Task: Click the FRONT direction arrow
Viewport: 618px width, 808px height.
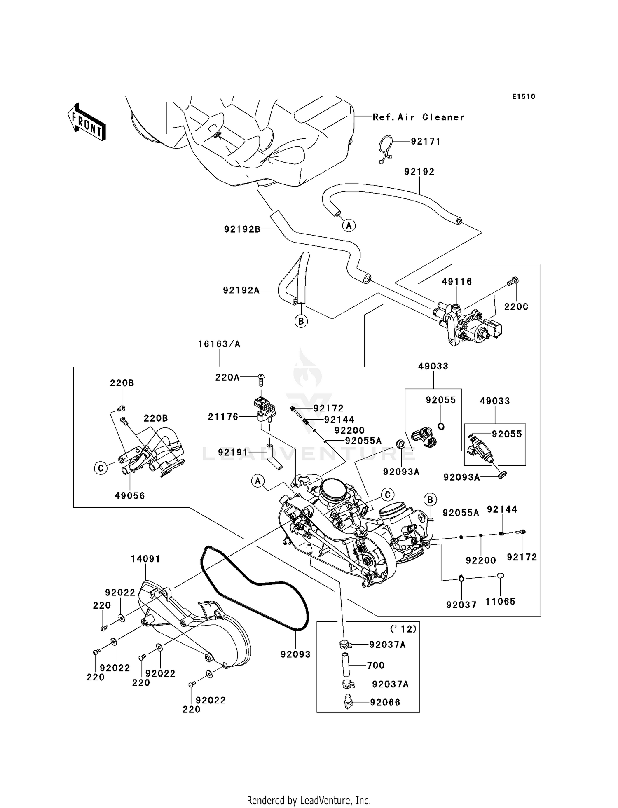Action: (x=87, y=122)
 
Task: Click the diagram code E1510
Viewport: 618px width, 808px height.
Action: (x=523, y=97)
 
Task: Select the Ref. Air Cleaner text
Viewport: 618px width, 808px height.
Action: (x=418, y=117)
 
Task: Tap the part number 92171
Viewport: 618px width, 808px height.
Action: (x=426, y=142)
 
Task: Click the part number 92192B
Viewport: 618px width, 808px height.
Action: (x=242, y=229)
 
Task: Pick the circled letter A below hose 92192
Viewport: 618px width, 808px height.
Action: (x=349, y=226)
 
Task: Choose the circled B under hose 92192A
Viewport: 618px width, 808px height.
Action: (x=301, y=321)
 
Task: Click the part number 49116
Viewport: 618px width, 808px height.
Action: (x=456, y=282)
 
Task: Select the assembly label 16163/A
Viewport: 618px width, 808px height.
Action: (x=219, y=344)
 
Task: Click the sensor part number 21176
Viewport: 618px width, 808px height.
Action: (x=223, y=417)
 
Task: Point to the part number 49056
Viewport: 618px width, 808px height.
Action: (x=129, y=496)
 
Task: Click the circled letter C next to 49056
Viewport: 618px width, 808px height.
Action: (x=101, y=468)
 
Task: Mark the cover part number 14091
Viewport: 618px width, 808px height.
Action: (x=145, y=559)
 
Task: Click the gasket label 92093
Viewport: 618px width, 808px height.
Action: (x=295, y=654)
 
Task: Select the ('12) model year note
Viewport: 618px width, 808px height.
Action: (x=403, y=629)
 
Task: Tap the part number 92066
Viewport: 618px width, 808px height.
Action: (x=385, y=702)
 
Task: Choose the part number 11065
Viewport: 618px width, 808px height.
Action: (x=500, y=602)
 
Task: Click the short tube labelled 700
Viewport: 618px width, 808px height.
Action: (x=346, y=665)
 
